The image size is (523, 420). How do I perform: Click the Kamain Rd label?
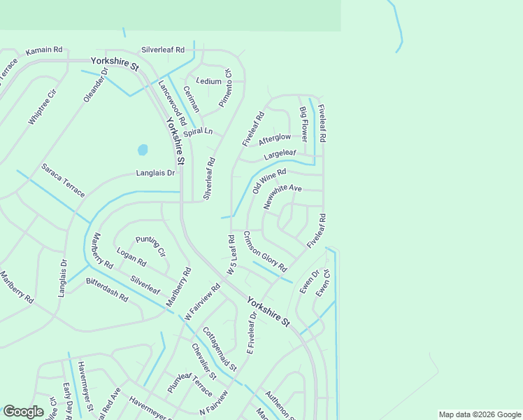coord(44,50)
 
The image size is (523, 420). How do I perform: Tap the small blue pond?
coord(143,150)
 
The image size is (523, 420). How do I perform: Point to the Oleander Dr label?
coord(96,85)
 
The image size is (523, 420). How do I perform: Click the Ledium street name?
coord(209,81)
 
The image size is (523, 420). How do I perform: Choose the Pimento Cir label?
coord(225,88)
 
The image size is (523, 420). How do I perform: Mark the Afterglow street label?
coord(275,139)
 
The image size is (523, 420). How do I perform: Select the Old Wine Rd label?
coord(270,181)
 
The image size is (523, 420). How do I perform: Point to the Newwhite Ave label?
coord(282,197)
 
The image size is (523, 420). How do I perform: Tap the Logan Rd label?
coord(131,258)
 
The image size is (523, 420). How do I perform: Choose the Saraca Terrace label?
coord(63,180)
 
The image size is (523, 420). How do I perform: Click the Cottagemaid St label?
coord(220,349)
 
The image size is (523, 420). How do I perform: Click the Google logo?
coord(23,412)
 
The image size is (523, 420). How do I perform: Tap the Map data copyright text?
coord(479,414)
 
